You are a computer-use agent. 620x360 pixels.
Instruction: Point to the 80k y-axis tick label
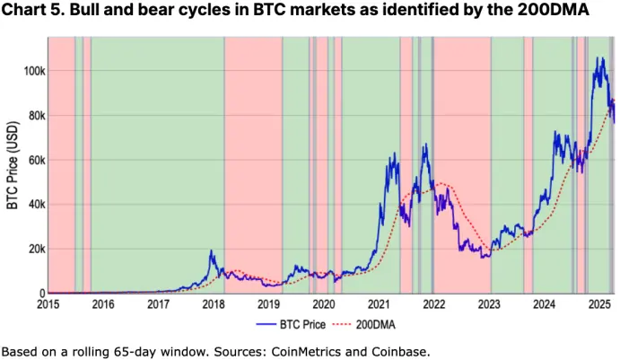[34, 116]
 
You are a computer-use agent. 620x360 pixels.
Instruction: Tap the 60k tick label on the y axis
[34, 160]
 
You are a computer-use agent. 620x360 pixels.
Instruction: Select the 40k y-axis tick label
[34, 205]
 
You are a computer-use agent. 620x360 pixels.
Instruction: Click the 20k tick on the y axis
[34, 249]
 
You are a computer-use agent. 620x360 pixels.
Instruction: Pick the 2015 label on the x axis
[48, 304]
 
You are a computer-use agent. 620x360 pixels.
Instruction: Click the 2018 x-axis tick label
[214, 304]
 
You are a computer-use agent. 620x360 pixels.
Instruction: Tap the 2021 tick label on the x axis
[378, 304]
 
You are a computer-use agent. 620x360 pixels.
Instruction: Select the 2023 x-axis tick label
[488, 304]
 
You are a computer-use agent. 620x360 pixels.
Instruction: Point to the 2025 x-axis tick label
[598, 304]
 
